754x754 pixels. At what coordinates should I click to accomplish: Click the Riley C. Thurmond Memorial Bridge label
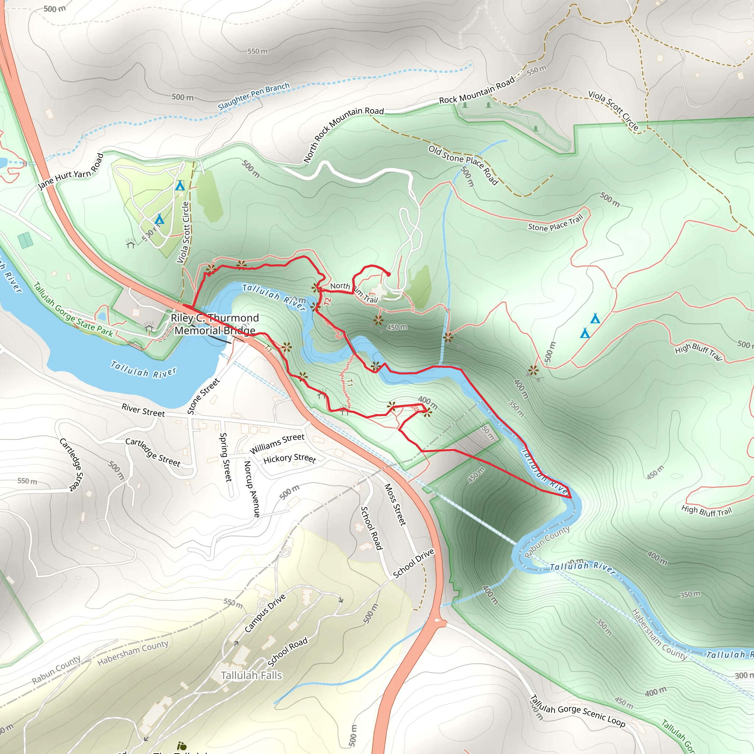tap(215, 324)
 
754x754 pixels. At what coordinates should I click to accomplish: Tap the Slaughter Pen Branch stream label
tap(254, 96)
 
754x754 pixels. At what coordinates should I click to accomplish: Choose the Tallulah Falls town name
tap(251, 676)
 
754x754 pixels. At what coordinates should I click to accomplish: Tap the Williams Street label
tap(277, 443)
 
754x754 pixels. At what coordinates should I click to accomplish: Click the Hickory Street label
tap(290, 458)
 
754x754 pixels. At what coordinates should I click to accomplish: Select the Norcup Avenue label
tap(252, 489)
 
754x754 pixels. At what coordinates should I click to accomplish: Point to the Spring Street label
tap(226, 457)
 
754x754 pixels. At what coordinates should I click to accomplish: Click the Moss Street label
tap(395, 504)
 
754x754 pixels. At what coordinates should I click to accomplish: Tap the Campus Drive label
tap(265, 613)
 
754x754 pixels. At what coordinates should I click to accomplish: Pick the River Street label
tap(143, 410)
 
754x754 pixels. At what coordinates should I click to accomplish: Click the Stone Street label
tap(203, 396)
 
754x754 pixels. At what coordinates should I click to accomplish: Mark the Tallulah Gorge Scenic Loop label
tap(578, 711)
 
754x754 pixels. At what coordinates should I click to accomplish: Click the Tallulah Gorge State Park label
tap(73, 310)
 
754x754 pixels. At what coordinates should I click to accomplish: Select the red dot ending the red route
tap(388, 274)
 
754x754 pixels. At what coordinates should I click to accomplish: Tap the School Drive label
tap(413, 563)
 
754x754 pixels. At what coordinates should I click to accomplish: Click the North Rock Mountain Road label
tap(343, 134)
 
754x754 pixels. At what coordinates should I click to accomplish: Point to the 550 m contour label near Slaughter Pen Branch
tap(258, 51)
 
